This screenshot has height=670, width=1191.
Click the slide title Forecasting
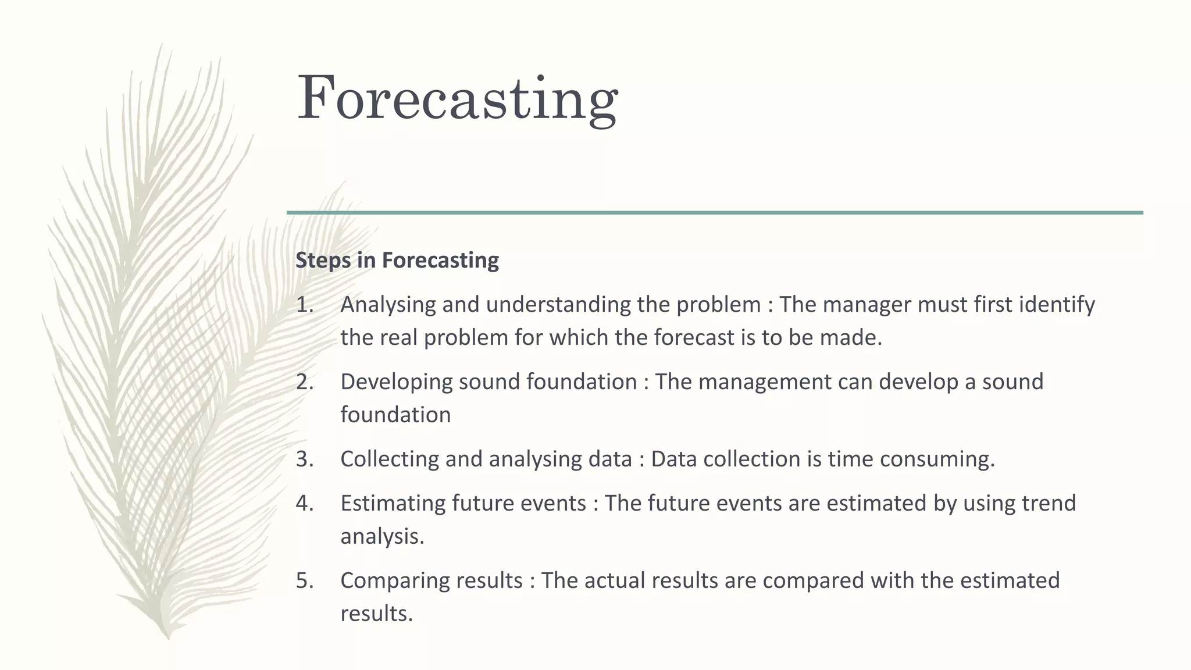(x=457, y=99)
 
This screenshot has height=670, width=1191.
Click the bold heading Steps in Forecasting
(x=397, y=260)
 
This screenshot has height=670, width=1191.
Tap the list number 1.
(x=304, y=304)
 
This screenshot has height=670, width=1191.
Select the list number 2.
(x=304, y=382)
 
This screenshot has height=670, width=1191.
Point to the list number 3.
(x=304, y=459)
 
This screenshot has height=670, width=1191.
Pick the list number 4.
(x=304, y=503)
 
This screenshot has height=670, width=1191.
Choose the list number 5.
(x=304, y=580)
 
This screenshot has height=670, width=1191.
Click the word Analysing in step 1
(x=388, y=305)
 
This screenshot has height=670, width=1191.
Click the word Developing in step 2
(x=396, y=382)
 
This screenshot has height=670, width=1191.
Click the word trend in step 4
(x=1046, y=503)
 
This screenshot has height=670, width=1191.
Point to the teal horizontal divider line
(x=715, y=213)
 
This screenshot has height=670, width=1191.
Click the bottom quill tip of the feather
(x=168, y=636)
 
